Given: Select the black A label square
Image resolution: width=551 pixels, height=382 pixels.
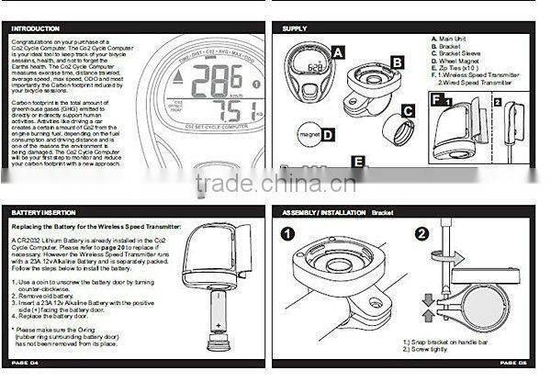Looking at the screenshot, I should coord(338,53).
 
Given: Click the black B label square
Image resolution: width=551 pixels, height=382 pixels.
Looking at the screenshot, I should coord(397,62).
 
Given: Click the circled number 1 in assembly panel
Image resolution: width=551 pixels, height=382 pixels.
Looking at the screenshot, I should coord(288,234).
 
